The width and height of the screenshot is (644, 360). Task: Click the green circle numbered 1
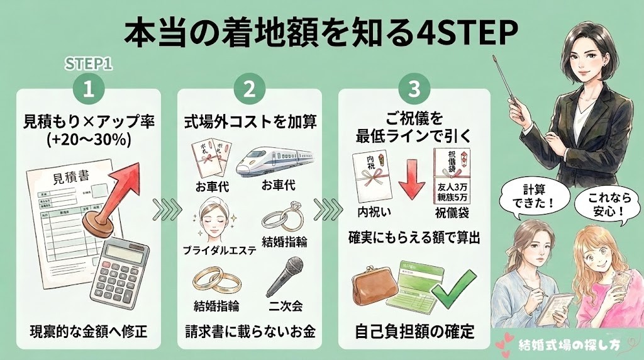pyautogui.click(x=89, y=89)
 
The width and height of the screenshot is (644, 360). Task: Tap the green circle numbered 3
pyautogui.click(x=414, y=89)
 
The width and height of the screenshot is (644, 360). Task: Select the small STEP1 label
pyautogui.click(x=88, y=64)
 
